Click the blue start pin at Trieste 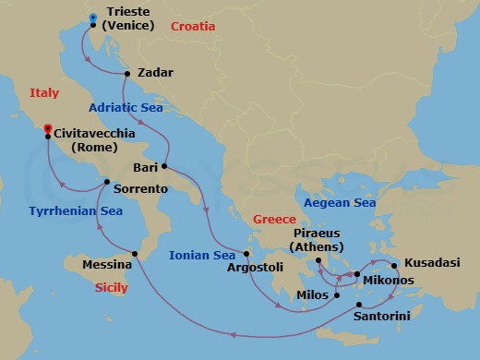93,17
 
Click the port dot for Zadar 126,72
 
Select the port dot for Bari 163,167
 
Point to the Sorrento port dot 107,182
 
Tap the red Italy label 44,93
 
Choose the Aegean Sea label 340,202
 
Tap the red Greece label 274,219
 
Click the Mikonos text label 389,280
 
